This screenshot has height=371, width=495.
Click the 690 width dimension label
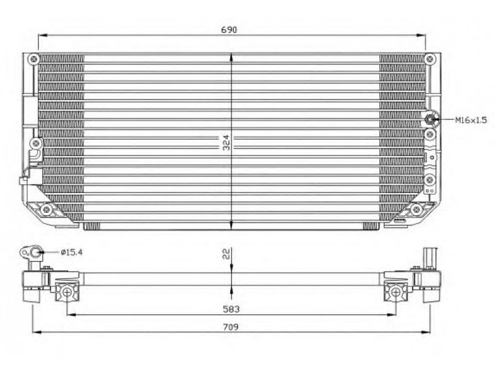click(x=228, y=30)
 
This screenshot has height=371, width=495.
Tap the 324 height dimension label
click(x=226, y=143)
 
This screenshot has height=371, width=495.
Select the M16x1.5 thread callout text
click(x=471, y=120)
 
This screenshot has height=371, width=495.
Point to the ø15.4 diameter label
click(x=72, y=252)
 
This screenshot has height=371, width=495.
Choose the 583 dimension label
click(x=231, y=309)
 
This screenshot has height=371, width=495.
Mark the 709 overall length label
click(x=231, y=327)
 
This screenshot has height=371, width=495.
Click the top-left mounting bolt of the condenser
click(x=33, y=59)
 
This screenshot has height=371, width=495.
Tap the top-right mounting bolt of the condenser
click(x=429, y=59)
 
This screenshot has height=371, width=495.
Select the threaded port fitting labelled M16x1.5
click(x=429, y=119)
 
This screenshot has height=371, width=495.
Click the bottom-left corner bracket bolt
click(x=46, y=209)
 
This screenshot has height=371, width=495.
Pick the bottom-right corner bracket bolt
click(x=416, y=209)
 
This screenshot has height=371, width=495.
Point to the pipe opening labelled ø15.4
click(x=37, y=252)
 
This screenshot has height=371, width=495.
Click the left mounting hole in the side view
click(x=67, y=292)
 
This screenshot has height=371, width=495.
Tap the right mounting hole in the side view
click(x=395, y=292)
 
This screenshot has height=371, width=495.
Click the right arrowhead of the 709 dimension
click(x=426, y=332)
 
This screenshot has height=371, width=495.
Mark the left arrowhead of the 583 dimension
click(x=71, y=314)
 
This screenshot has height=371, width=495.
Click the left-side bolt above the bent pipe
click(x=37, y=143)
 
